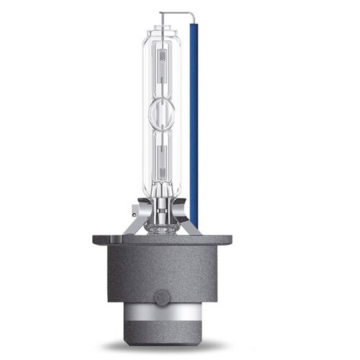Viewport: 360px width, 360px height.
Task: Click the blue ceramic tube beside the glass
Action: point(194,122)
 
